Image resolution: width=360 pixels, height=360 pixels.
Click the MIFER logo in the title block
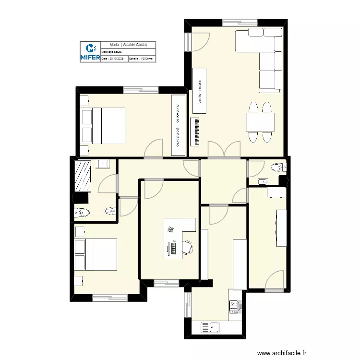coord(90,52)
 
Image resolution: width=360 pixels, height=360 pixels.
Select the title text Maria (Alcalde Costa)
coord(128,44)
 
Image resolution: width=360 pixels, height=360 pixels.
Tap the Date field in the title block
coord(113,59)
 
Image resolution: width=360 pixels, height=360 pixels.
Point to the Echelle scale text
coord(141,59)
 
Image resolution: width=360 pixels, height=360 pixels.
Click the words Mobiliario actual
coord(112,51)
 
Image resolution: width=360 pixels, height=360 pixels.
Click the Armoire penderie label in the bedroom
coord(179,125)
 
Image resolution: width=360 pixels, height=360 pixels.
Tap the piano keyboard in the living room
coord(195,132)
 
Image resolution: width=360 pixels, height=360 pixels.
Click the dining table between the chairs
coord(260,122)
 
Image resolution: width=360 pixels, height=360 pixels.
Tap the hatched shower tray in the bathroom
coord(83,176)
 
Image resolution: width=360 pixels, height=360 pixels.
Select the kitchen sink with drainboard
coord(210,328)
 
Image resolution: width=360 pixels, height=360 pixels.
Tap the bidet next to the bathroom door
coord(110,210)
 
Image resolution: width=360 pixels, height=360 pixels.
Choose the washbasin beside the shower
coord(103,165)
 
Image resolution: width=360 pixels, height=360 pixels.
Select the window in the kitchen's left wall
coord(187,305)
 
